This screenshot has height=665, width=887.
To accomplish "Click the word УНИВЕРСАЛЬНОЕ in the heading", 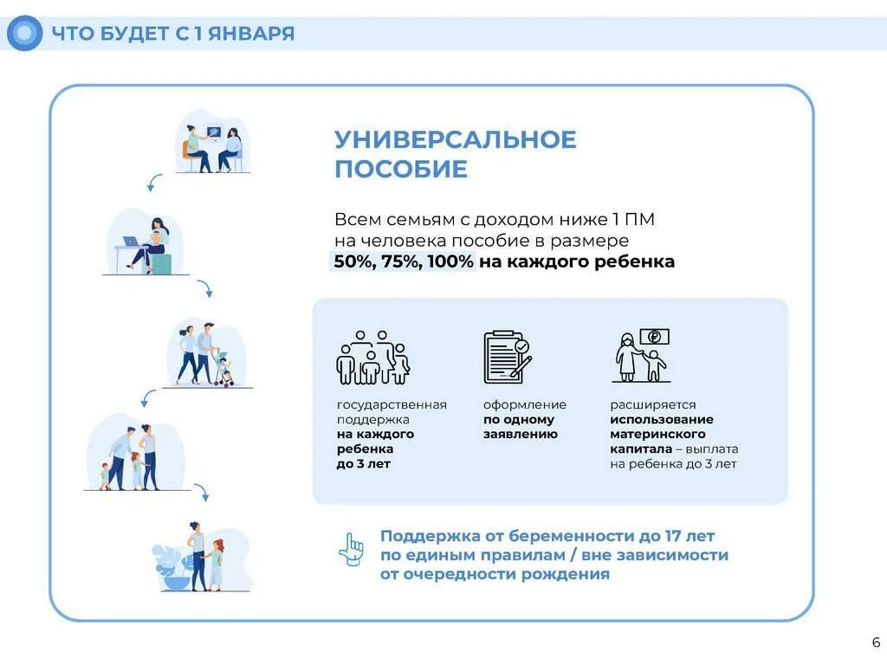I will click(456, 140).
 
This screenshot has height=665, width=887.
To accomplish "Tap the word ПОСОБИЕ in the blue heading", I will click(401, 170).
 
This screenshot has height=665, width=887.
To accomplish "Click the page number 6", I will click(876, 642).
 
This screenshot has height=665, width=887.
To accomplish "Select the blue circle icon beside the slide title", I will click(24, 34).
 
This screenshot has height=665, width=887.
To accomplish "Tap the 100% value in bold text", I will click(449, 261).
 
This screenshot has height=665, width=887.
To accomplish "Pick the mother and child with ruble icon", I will click(642, 356).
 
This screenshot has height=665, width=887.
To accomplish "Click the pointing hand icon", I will click(351, 549).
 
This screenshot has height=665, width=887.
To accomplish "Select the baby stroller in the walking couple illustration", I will click(224, 369).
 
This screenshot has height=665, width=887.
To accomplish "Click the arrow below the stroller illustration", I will click(148, 397).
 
